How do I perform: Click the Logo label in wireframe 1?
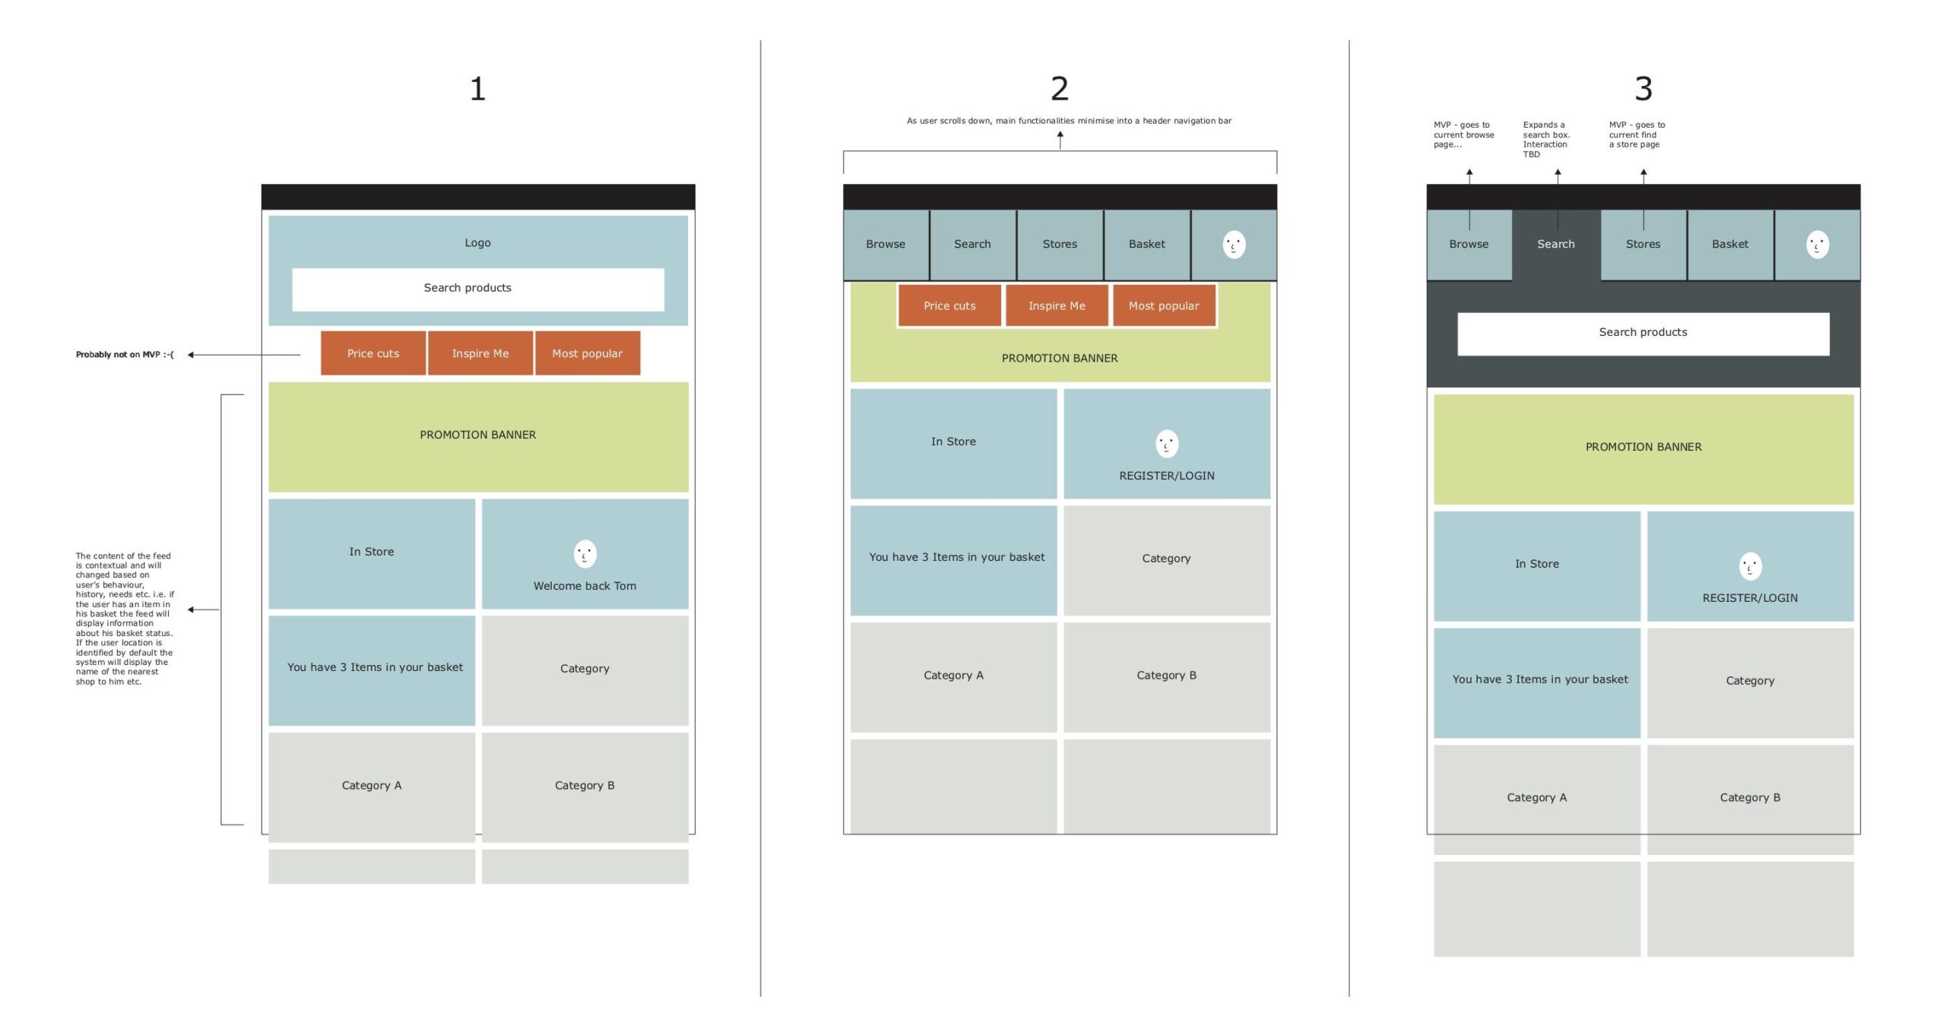[477, 242]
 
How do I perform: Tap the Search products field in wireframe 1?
[478, 289]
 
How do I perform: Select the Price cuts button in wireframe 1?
[373, 353]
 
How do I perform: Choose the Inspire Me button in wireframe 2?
[1057, 306]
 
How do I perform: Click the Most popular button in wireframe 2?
[1164, 306]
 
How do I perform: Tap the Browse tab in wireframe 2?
[886, 244]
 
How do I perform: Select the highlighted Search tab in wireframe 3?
[1556, 244]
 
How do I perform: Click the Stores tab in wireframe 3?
[1643, 244]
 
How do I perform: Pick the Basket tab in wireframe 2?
[1147, 244]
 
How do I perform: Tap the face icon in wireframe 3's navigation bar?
[1818, 245]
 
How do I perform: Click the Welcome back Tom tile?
[585, 553]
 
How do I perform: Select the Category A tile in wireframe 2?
[953, 677]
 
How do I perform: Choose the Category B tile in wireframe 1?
[585, 787]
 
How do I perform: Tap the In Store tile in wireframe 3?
[1537, 566]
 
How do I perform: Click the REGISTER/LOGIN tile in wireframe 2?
[1167, 444]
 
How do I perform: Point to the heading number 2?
[1060, 89]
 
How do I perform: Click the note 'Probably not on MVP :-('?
[125, 354]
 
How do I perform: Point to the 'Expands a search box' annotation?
[1546, 139]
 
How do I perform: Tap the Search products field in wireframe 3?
[1643, 334]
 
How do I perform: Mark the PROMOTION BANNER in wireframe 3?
[1643, 449]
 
